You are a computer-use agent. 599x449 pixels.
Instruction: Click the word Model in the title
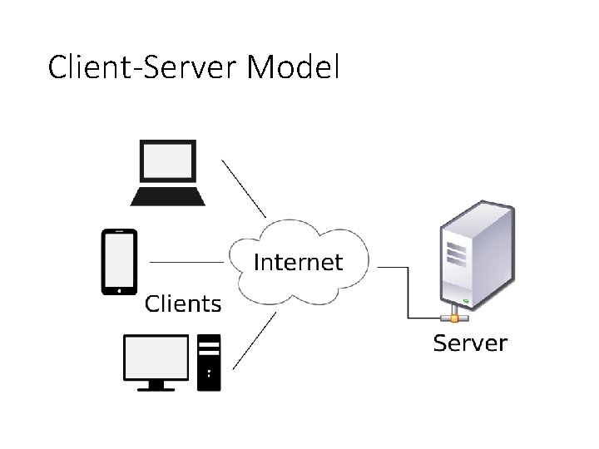pyautogui.click(x=293, y=67)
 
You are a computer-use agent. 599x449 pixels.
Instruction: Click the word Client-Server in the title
pyautogui.click(x=142, y=67)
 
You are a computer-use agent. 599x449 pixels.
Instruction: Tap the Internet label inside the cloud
pyautogui.click(x=298, y=262)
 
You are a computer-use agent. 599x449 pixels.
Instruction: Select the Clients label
pyautogui.click(x=183, y=304)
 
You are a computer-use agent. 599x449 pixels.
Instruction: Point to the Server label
pyautogui.click(x=470, y=343)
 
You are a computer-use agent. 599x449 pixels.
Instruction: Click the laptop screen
pyautogui.click(x=168, y=161)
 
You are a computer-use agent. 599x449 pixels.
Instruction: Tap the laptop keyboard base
pyautogui.click(x=168, y=196)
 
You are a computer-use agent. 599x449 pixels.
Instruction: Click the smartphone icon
pyautogui.click(x=119, y=262)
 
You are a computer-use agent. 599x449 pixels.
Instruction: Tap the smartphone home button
pyautogui.click(x=119, y=291)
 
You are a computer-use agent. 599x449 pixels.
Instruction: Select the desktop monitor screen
pyautogui.click(x=156, y=358)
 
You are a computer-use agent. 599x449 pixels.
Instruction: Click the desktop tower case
pyautogui.click(x=209, y=363)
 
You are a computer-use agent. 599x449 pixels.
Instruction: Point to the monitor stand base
pyautogui.click(x=156, y=389)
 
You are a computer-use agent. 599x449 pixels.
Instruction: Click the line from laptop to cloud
pyautogui.click(x=244, y=189)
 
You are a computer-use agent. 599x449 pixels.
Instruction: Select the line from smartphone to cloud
pyautogui.click(x=187, y=262)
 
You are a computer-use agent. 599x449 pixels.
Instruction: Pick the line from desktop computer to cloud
pyautogui.click(x=255, y=341)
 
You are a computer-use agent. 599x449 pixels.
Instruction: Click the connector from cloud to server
pyautogui.click(x=408, y=293)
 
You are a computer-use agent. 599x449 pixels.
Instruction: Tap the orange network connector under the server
pyautogui.click(x=454, y=318)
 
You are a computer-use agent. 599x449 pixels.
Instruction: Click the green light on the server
pyautogui.click(x=466, y=302)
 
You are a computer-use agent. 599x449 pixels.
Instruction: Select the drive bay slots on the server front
pyautogui.click(x=456, y=254)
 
